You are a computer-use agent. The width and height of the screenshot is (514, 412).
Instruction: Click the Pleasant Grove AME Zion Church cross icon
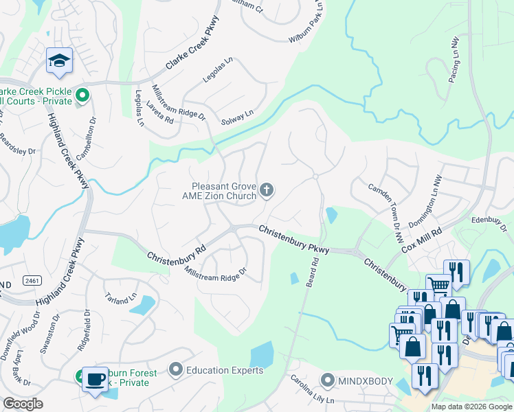[x=267, y=190]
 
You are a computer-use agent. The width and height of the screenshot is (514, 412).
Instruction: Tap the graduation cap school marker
[x=60, y=62]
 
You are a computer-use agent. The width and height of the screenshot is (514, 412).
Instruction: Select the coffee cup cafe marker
[x=95, y=378]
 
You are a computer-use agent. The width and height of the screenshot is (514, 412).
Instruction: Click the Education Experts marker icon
[x=176, y=370]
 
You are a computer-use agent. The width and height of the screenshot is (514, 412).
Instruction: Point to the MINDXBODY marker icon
[x=328, y=380]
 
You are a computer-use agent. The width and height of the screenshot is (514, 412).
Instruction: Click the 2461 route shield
[x=31, y=281]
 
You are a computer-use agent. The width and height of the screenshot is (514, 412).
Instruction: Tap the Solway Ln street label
[x=237, y=117]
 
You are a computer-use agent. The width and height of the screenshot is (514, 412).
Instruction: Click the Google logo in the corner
[x=23, y=404]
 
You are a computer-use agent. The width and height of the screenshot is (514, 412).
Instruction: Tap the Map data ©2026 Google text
[x=471, y=407]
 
